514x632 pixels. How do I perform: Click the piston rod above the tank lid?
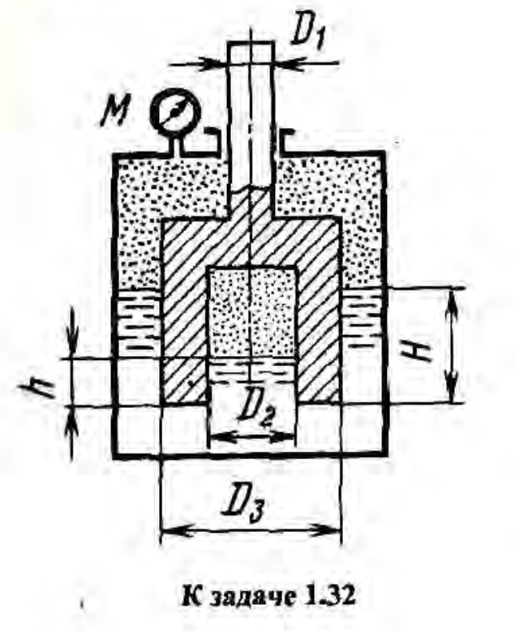click(251, 88)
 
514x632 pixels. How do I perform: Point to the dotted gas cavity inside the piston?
click(251, 312)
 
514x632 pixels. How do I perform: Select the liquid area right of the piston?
click(363, 324)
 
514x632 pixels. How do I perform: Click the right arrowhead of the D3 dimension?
click(336, 530)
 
